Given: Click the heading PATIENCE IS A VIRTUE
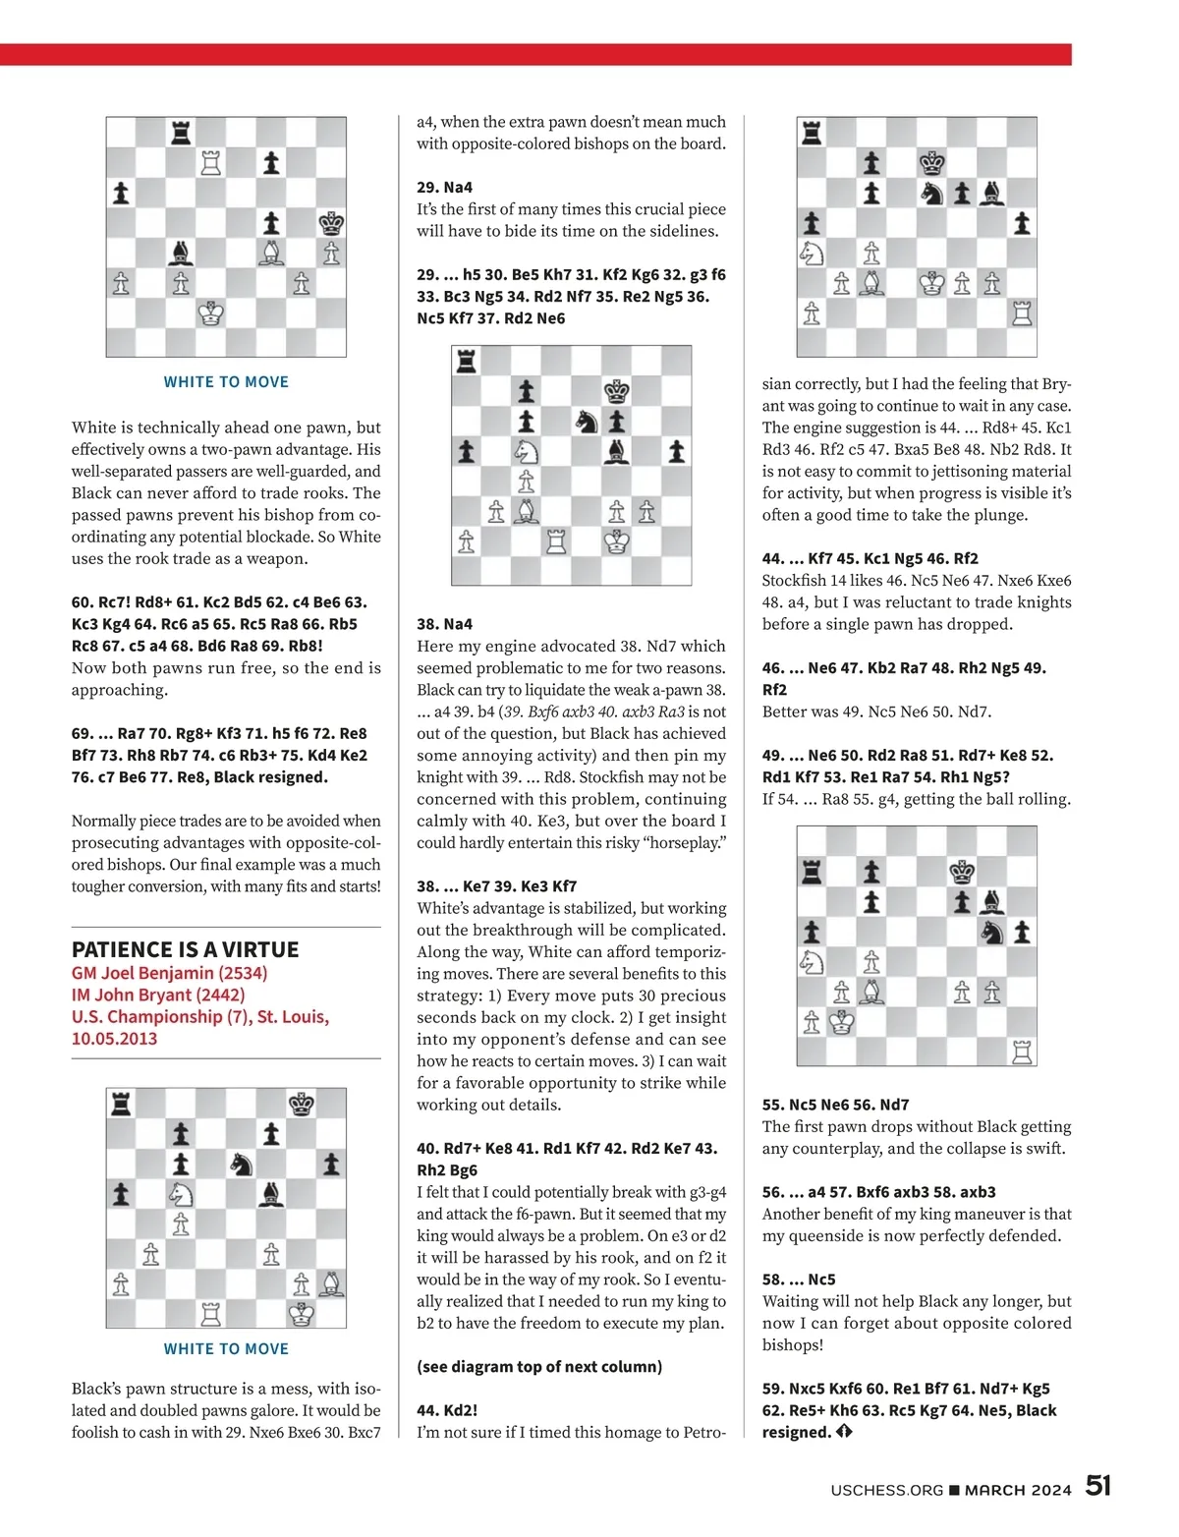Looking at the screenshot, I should pyautogui.click(x=185, y=949).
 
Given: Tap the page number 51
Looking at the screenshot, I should pyautogui.click(x=1097, y=1486).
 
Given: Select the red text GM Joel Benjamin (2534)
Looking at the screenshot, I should pyautogui.click(x=169, y=973).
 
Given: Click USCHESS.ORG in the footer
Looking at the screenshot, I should pyautogui.click(x=886, y=1490).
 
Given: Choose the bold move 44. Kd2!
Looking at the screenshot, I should pyautogui.click(x=447, y=1410).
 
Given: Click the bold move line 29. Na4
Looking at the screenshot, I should pyautogui.click(x=444, y=187).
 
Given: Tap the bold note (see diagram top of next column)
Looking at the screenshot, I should pyautogui.click(x=539, y=1366).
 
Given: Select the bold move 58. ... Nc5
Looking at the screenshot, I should pyautogui.click(x=799, y=1280).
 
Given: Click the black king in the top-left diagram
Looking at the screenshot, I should pyautogui.click(x=331, y=224).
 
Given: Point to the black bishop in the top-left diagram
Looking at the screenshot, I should pyautogui.click(x=181, y=254).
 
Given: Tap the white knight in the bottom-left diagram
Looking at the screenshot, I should pyautogui.click(x=181, y=1194).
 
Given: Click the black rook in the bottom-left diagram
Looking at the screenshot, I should pyautogui.click(x=121, y=1104).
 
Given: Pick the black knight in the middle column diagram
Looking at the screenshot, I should pyautogui.click(x=587, y=422).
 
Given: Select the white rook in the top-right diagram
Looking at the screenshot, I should pyautogui.click(x=1022, y=313).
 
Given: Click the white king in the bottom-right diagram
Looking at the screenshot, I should pyautogui.click(x=841, y=1023).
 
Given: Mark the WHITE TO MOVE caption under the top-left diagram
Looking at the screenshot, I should pyautogui.click(x=226, y=382).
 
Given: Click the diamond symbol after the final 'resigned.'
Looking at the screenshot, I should pyautogui.click(x=843, y=1433).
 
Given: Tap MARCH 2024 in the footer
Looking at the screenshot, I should pyautogui.click(x=1018, y=1490).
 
